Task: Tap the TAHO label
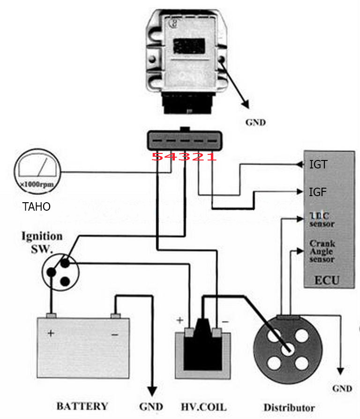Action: coord(37,206)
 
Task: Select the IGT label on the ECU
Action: coord(318,165)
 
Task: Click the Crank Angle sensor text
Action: coord(322,251)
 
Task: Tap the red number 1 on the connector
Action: coord(212,156)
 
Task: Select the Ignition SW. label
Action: coord(42,241)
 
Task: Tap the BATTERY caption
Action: coord(82,406)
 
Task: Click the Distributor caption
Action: coord(289,407)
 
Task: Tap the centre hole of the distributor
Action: coord(287,349)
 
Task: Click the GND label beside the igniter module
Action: coord(255,123)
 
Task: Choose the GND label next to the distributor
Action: coord(342,389)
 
